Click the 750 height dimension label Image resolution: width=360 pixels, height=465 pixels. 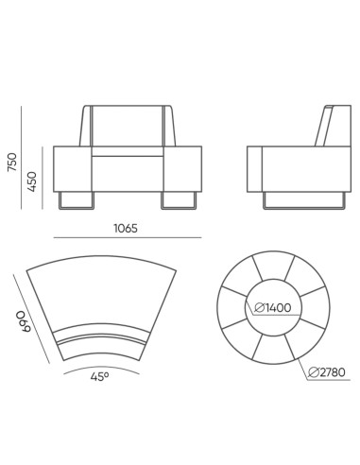coord(10,162)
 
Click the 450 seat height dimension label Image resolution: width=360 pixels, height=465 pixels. coord(31,181)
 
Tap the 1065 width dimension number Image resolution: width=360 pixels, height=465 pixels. coord(128,228)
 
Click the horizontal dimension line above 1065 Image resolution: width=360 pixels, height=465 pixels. coord(128,238)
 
